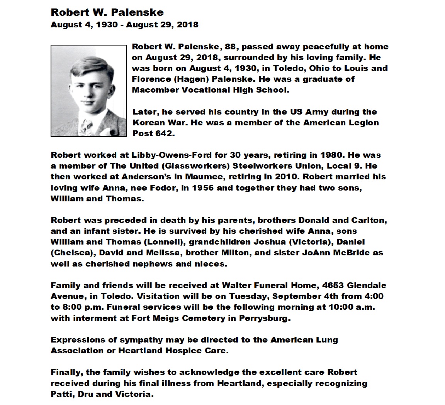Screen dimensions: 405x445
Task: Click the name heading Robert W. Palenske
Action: tap(107, 12)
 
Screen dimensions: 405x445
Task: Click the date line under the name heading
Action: tap(124, 25)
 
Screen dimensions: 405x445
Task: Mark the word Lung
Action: tap(326, 340)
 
